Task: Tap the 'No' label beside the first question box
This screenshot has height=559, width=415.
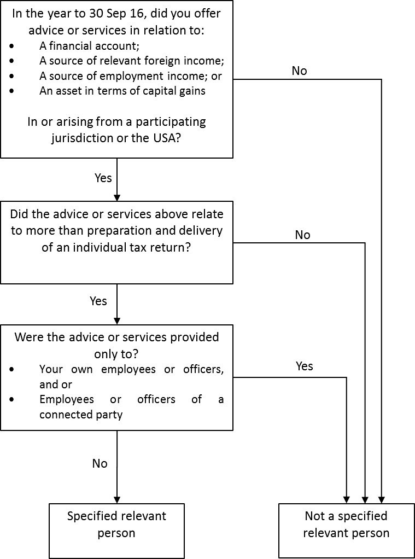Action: click(x=299, y=71)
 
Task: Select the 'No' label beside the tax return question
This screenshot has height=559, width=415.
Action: click(x=302, y=235)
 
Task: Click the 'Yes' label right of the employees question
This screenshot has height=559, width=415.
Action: click(x=304, y=366)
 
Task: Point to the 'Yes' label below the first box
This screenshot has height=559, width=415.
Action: click(x=103, y=178)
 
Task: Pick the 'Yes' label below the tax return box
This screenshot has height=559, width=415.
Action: click(x=98, y=301)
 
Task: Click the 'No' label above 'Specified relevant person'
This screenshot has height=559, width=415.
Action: click(x=100, y=463)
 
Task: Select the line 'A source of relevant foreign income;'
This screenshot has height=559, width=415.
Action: click(x=131, y=61)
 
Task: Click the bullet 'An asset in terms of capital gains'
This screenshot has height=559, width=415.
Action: click(x=122, y=91)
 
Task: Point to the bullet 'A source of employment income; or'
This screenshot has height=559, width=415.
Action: click(x=130, y=76)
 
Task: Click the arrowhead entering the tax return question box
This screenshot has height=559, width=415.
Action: click(x=117, y=197)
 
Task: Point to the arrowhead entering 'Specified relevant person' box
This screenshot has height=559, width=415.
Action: click(x=117, y=499)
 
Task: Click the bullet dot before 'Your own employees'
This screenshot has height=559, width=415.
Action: click(x=13, y=369)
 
